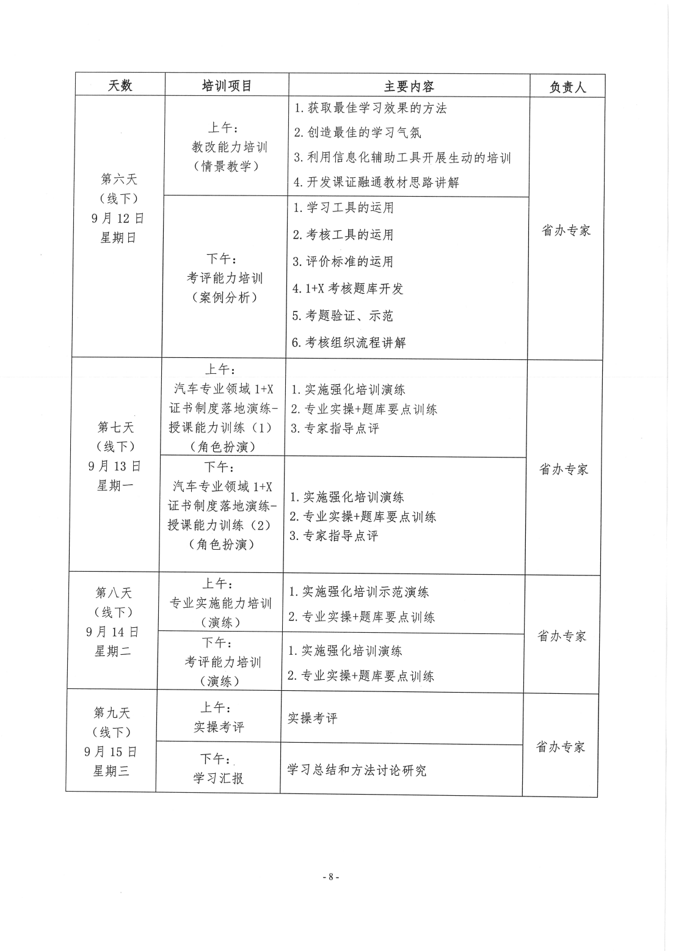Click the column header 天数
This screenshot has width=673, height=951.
point(120,86)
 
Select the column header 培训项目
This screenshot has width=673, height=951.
point(227,86)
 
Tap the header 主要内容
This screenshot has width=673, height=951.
point(409,86)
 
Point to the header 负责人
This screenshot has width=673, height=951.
point(567,87)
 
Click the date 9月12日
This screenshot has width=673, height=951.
point(118,218)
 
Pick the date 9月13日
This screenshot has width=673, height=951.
point(114,466)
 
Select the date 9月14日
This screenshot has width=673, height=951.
point(112,632)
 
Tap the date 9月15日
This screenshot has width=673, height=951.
point(111,751)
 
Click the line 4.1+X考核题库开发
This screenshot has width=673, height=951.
point(348,288)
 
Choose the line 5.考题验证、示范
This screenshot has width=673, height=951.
point(343,315)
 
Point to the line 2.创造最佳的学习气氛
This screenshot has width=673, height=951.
point(357,133)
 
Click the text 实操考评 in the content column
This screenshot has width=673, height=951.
point(312,718)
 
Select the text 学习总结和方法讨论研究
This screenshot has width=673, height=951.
point(357,770)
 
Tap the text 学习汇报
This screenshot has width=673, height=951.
point(218,778)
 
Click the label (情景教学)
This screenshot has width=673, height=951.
point(226,166)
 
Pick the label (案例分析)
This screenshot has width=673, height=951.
point(224,297)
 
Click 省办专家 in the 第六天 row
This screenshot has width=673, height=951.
point(566,231)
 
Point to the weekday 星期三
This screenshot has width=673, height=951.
point(111,771)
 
